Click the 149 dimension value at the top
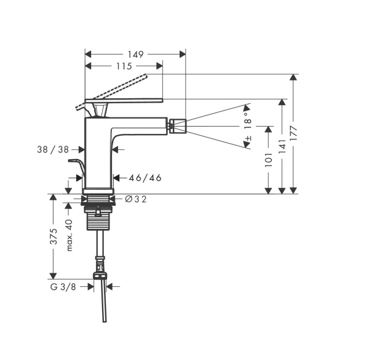(x=135, y=54)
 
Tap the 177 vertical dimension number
(x=293, y=133)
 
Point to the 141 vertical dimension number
(x=282, y=146)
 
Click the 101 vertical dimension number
(x=268, y=160)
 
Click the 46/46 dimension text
(x=145, y=178)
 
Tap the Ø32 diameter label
(x=135, y=198)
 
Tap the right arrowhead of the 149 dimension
(x=183, y=54)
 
